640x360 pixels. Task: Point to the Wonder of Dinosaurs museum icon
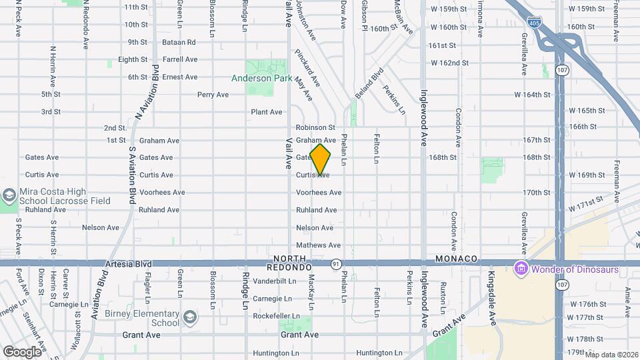coord(521,269)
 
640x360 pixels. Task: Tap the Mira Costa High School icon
coord(9,195)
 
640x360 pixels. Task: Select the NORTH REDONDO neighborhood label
coord(293,263)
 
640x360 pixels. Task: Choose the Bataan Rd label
coord(179,42)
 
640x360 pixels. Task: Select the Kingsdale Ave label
coord(493,293)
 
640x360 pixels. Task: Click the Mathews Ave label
coord(319,245)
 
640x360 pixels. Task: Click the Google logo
coord(22,351)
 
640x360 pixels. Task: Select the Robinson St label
coord(315,127)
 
